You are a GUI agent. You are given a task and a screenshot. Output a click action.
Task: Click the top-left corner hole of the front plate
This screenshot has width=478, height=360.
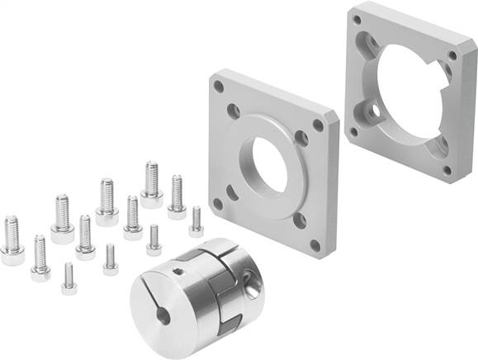219,86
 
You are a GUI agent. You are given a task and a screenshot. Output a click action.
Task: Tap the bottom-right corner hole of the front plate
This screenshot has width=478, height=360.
313,244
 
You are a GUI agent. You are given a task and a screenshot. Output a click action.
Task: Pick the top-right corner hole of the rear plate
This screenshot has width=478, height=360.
452,56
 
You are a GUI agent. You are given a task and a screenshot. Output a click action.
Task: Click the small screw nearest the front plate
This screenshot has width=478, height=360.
196,220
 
